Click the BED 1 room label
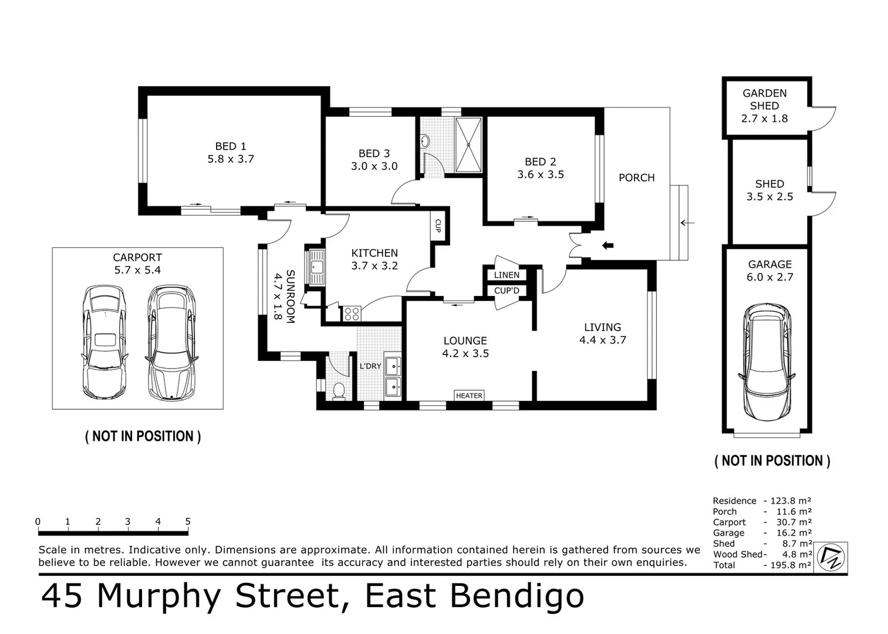pyautogui.click(x=230, y=146)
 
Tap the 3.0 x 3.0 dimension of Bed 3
pyautogui.click(x=374, y=167)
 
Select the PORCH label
pyautogui.click(x=636, y=178)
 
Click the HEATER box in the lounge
pyautogui.click(x=469, y=396)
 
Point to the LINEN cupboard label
pyautogui.click(x=506, y=275)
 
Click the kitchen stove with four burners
pyautogui.click(x=352, y=314)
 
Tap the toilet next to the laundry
pyautogui.click(x=339, y=390)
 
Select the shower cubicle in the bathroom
pyautogui.click(x=468, y=145)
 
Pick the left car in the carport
pyautogui.click(x=104, y=342)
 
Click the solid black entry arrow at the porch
pyautogui.click(x=607, y=245)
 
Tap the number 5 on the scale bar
pyautogui.click(x=188, y=521)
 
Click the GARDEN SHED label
pyautogui.click(x=764, y=99)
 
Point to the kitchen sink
pyautogui.click(x=316, y=267)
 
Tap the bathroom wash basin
pyautogui.click(x=426, y=141)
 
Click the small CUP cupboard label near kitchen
pyautogui.click(x=438, y=225)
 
